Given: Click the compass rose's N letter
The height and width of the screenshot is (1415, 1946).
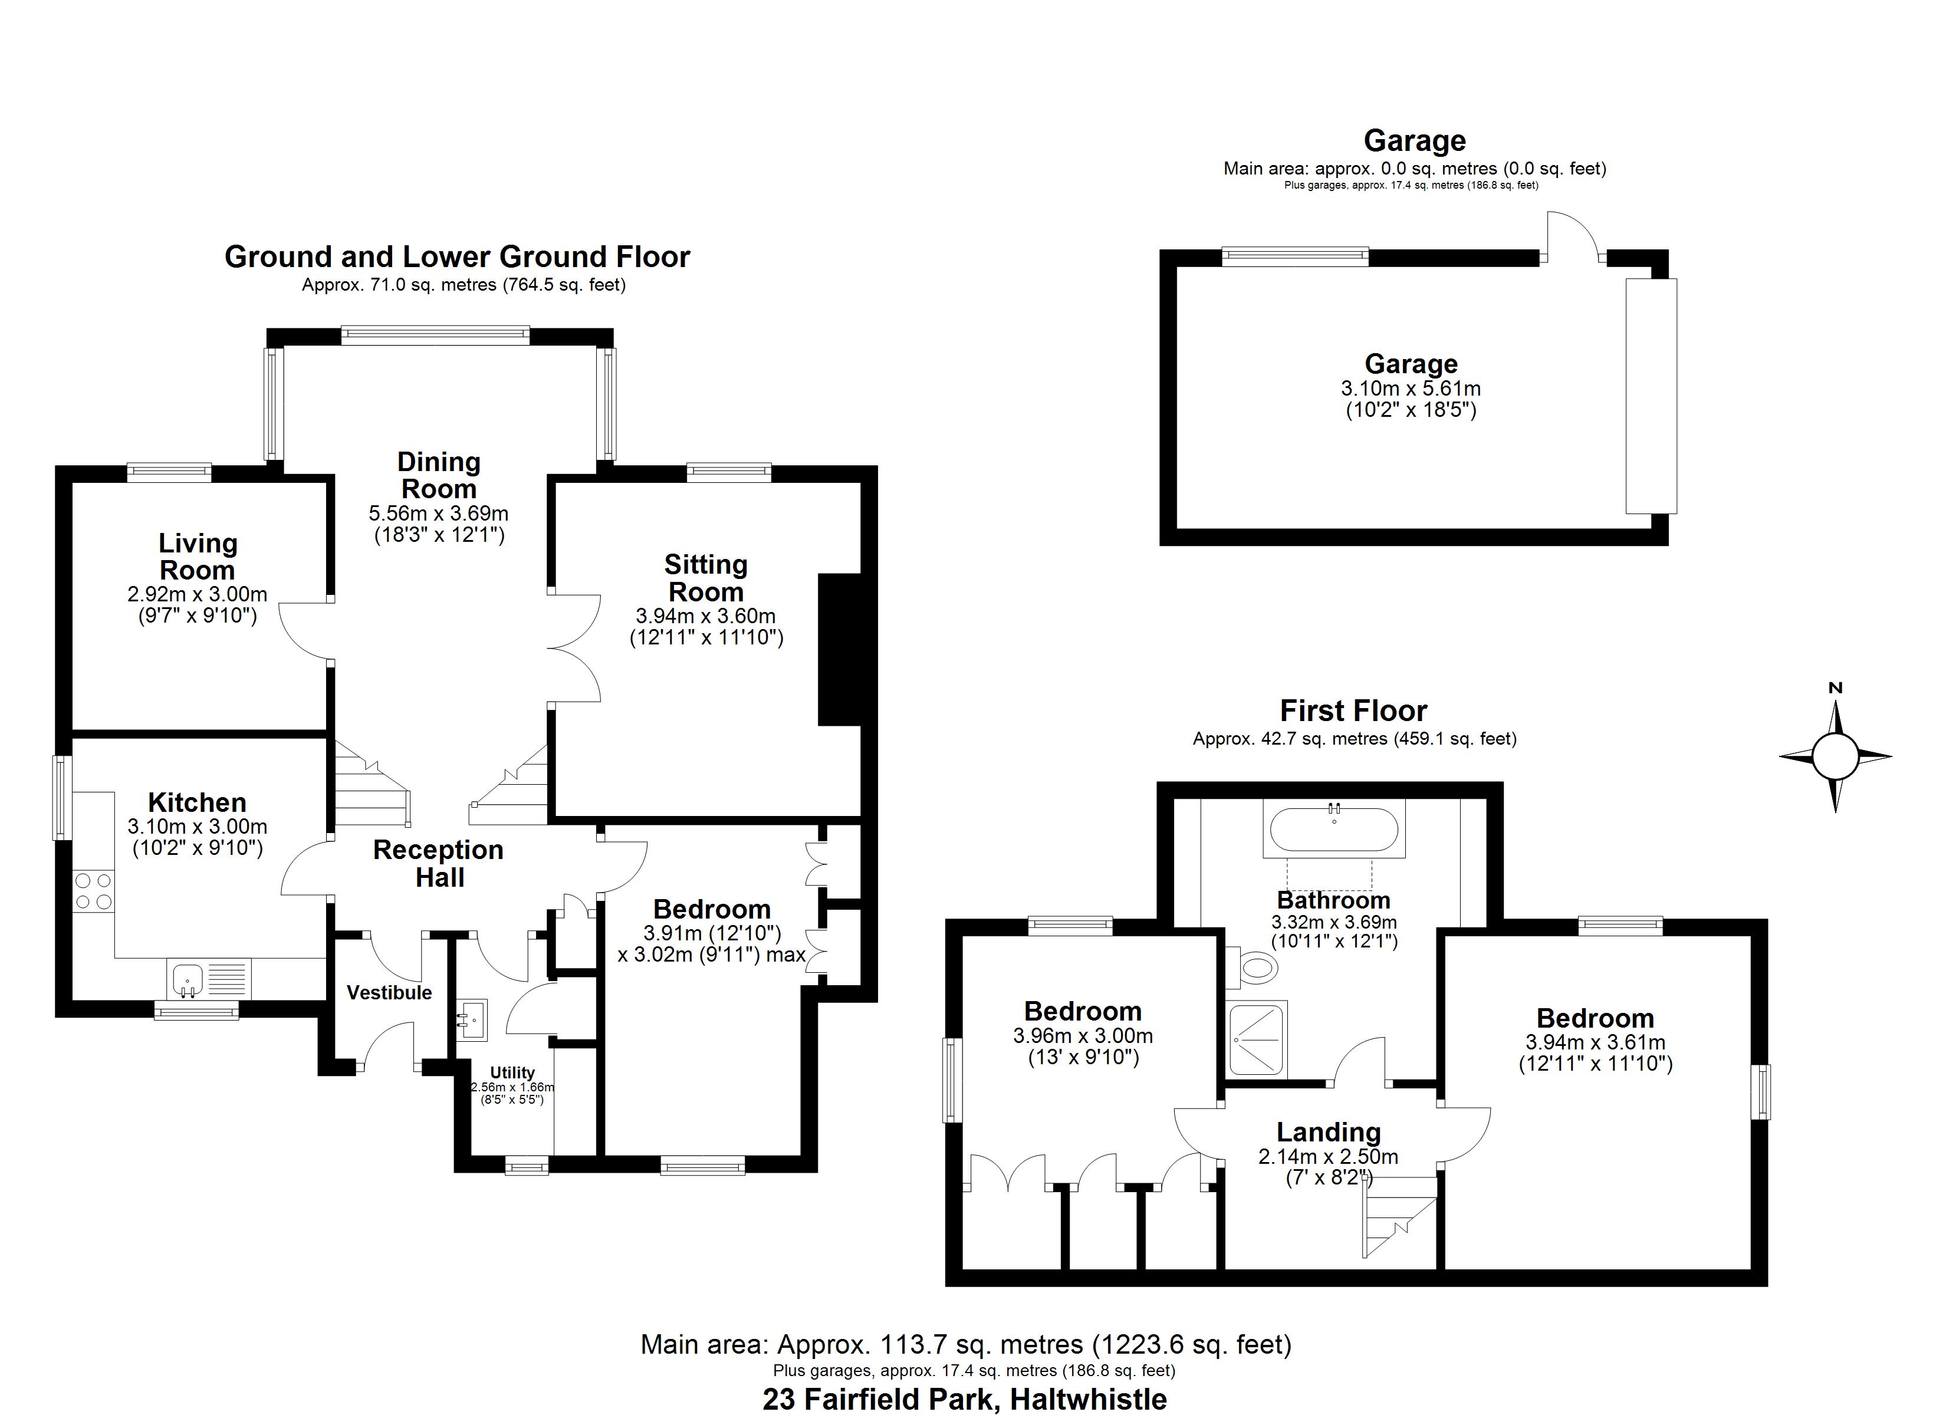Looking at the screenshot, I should pos(1835,688).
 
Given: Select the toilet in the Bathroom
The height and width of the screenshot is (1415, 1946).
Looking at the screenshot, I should pos(1256,969).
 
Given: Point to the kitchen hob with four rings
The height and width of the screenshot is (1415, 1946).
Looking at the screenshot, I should pos(94,891).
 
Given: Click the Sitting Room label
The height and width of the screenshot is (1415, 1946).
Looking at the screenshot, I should pos(706,578).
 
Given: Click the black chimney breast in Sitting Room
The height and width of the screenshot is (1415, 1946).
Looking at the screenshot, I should pos(839,650).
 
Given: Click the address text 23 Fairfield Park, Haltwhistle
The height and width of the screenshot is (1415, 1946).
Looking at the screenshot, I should pos(964,1398).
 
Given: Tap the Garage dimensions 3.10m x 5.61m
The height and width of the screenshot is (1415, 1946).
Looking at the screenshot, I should pos(1411,389).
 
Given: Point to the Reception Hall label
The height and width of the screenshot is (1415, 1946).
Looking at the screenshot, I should pos(439,863).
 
